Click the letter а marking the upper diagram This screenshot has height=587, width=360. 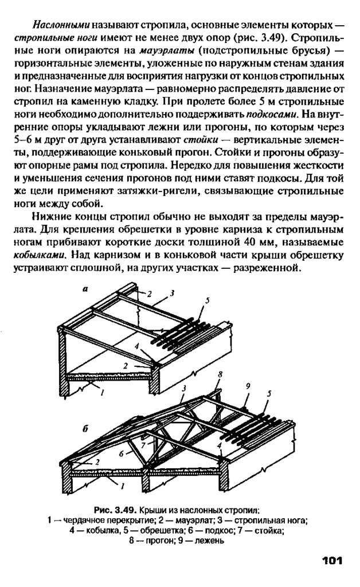(84, 291)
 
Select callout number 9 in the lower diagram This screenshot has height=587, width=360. (248, 386)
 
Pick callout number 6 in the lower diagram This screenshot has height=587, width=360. (122, 453)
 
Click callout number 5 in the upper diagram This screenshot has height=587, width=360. (207, 300)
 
